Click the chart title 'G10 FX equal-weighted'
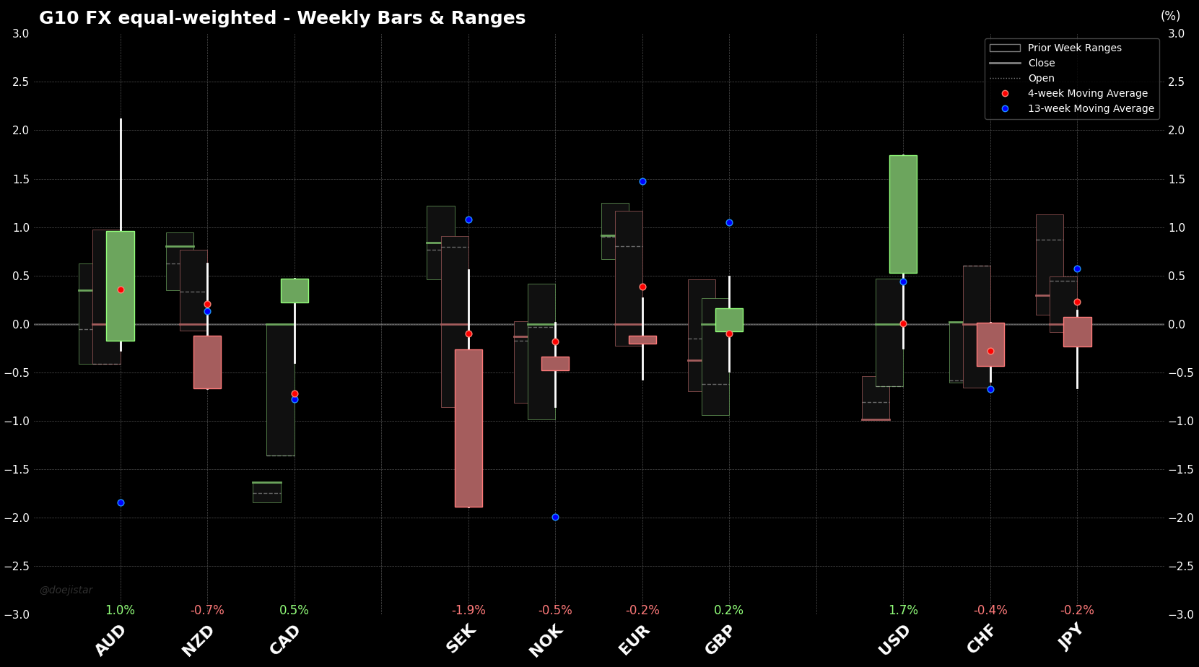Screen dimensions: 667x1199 tap(282, 18)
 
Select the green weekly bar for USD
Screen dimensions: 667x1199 tap(903, 214)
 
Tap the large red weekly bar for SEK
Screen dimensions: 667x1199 tap(468, 428)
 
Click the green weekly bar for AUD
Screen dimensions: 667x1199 tap(121, 286)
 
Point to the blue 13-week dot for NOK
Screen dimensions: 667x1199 tap(555, 517)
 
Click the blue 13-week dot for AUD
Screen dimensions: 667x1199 tap(121, 502)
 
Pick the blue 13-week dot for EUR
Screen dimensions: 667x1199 tap(642, 181)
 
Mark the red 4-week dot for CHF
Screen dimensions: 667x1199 tap(990, 351)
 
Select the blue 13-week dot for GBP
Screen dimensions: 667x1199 tap(729, 222)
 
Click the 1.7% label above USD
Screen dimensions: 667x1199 tap(903, 610)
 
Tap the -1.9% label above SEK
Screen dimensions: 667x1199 tap(468, 610)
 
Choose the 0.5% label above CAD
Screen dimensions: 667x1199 tap(294, 610)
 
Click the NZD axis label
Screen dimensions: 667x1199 tap(199, 640)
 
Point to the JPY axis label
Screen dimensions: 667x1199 tap(1071, 637)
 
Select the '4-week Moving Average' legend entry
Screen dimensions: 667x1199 tap(1087, 93)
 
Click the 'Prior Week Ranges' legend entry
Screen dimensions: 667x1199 tap(1074, 48)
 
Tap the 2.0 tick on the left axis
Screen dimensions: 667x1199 tap(21, 130)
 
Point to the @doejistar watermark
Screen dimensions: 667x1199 tap(66, 590)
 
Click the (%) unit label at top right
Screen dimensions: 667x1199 tap(1170, 16)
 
